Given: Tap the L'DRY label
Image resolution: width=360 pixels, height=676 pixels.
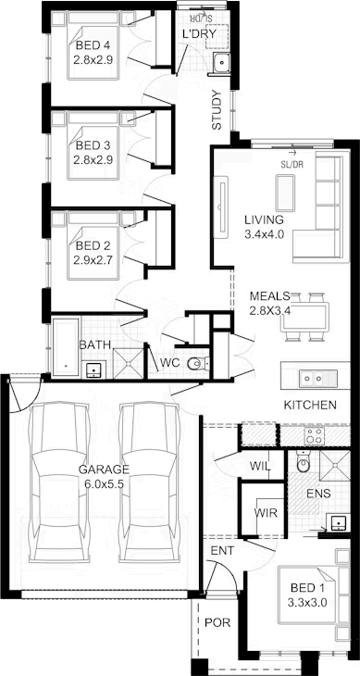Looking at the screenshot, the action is pos(199,34).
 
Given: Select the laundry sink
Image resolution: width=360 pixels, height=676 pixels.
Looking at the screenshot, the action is pos(222,63).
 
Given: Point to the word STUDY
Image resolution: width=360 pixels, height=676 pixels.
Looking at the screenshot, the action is pos(217,110).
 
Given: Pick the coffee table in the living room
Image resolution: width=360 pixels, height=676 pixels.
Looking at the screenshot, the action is pos(286,193).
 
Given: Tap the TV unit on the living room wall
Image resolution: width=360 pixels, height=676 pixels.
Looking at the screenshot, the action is pos(222,208).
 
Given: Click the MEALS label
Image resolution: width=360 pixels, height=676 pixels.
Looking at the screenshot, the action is pos(269,296).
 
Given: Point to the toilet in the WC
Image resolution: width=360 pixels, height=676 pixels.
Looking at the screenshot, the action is pos(198,364).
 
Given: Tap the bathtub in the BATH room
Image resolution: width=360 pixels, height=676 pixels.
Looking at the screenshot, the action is pos(66,347).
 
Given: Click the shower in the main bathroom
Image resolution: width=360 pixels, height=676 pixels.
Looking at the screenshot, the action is pos(128,363).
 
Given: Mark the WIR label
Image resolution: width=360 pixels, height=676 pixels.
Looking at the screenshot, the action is pos(266,513).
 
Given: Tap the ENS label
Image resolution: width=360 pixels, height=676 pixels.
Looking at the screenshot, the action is pos(318,494).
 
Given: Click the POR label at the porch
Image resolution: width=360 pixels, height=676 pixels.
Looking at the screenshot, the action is pos(217,622).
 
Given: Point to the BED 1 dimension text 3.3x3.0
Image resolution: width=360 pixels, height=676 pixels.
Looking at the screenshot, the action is pos(308,602).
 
